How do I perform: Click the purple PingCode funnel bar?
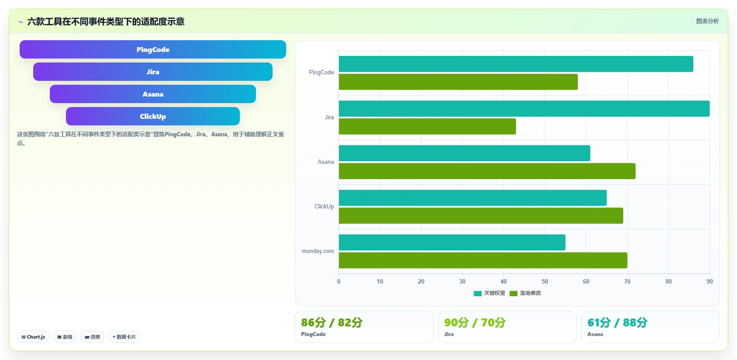click(152, 49)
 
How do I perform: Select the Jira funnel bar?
click(152, 72)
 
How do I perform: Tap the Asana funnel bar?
click(152, 94)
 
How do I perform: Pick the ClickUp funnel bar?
click(152, 116)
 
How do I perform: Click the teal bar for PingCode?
click(516, 64)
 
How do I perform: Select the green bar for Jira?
click(427, 126)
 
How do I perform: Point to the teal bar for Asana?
click(464, 153)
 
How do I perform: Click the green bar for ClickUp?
click(481, 215)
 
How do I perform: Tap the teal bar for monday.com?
click(452, 242)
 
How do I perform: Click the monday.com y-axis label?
click(318, 251)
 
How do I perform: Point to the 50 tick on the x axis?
click(545, 281)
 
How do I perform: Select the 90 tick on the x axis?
click(709, 281)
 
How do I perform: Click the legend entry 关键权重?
click(489, 293)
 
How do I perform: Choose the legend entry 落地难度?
click(525, 293)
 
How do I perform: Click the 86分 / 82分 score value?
click(332, 322)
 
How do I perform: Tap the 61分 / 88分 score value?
click(617, 322)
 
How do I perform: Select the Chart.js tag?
click(33, 337)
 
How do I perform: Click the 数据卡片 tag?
click(124, 337)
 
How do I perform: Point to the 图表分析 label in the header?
click(707, 21)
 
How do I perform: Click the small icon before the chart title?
click(21, 22)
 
